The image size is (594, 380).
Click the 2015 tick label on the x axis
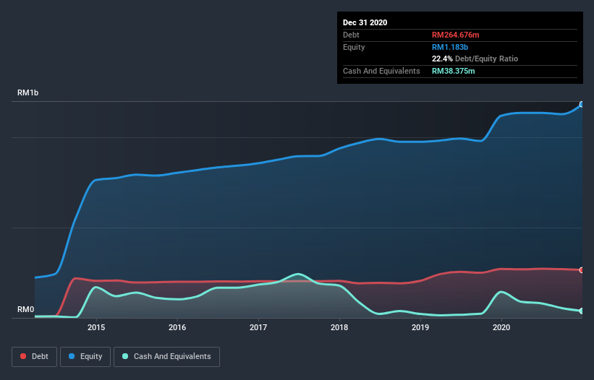click(96, 327)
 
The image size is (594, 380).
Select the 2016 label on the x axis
click(177, 327)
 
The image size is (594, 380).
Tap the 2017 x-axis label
click(258, 327)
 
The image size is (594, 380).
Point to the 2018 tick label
click(339, 327)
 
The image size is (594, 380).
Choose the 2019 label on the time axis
click(420, 327)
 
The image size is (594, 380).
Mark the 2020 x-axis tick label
click(501, 327)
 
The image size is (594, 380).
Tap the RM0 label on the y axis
click(25, 309)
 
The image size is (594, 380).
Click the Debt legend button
click(34, 356)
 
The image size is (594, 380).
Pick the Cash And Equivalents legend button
click(166, 356)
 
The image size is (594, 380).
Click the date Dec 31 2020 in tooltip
click(365, 22)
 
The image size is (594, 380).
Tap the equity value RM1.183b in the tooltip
click(449, 47)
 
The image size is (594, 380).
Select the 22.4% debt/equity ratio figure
click(443, 59)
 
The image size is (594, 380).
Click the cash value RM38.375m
click(454, 71)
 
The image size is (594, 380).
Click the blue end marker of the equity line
click(582, 105)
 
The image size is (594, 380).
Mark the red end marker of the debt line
click(582, 270)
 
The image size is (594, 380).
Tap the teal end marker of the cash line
click(582, 311)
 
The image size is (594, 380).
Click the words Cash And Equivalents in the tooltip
click(381, 71)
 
